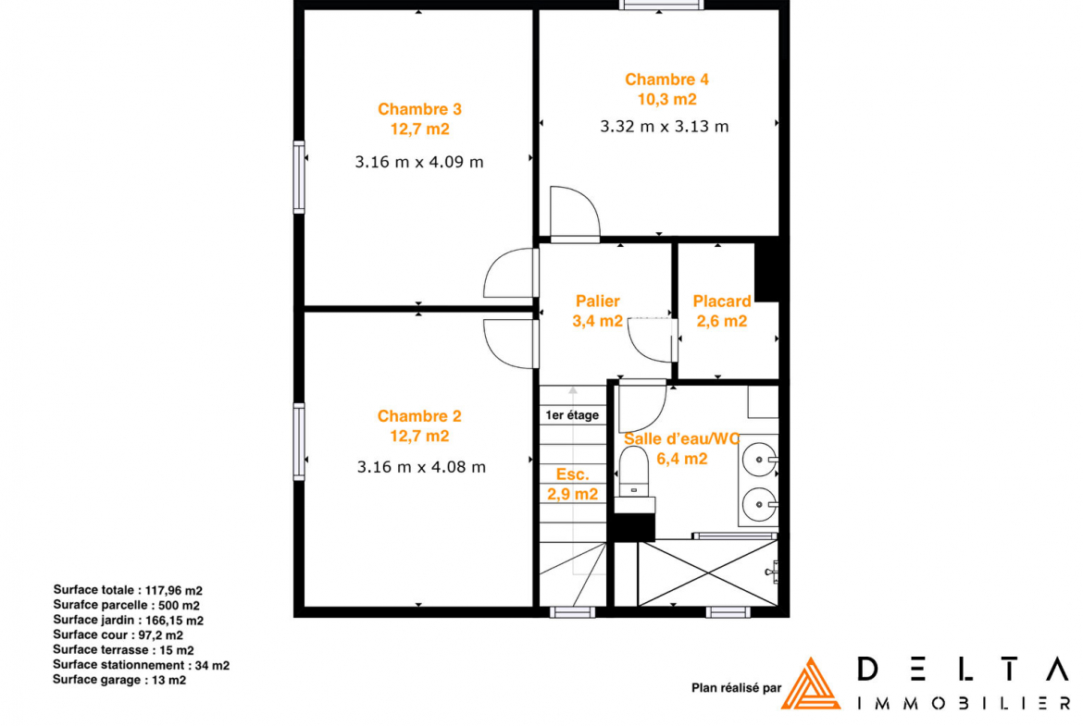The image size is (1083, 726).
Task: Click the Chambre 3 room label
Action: [419, 109]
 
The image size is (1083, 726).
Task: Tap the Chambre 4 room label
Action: [666, 80]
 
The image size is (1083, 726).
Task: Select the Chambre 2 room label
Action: [419, 416]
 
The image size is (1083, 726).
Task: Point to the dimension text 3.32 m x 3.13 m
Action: [665, 127]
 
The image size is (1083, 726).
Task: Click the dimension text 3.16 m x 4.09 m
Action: [419, 162]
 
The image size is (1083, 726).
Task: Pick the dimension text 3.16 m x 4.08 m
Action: [421, 467]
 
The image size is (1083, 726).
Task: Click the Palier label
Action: [597, 301]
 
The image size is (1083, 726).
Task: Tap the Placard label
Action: [722, 301]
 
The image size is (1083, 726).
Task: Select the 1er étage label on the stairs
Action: [572, 415]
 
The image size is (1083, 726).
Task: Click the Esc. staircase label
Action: [573, 474]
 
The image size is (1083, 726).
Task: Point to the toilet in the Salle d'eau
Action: [634, 471]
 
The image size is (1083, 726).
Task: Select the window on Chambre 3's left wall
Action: [299, 178]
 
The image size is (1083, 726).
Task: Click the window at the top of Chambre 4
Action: [661, 5]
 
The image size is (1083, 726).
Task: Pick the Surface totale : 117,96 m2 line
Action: [128, 590]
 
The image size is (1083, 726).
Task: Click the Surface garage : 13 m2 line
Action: [119, 680]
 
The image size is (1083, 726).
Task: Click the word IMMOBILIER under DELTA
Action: [964, 703]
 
